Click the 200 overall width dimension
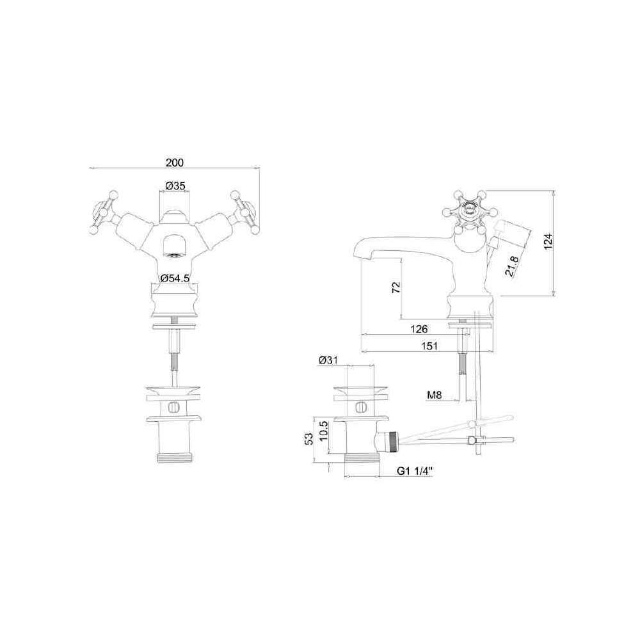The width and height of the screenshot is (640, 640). tap(175, 163)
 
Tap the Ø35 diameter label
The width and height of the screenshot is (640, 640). tap(175, 186)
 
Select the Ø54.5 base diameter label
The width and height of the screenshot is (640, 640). tap(175, 278)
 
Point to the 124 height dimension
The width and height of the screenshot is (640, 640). tap(548, 242)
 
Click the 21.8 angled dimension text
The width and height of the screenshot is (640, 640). tap(512, 266)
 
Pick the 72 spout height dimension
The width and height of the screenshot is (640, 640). tap(396, 287)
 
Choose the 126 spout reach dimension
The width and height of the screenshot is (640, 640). tap(419, 329)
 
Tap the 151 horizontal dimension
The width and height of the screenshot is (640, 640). tap(429, 346)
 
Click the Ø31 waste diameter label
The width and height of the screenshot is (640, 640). tap(328, 360)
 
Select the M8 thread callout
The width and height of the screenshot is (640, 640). tap(435, 395)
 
